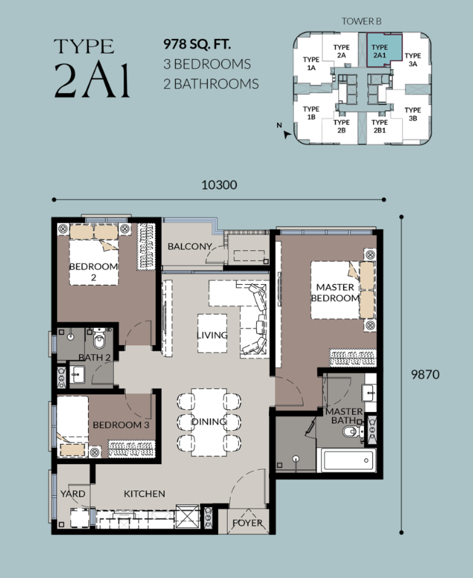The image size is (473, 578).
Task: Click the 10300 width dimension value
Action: pos(219,185)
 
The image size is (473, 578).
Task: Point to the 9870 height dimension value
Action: pos(425,374)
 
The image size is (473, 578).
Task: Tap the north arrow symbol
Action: pos(286,135)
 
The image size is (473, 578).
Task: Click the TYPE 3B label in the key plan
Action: pos(413,114)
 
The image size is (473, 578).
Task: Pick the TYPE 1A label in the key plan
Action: pos(310,63)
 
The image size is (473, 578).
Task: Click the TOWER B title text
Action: pos(361,22)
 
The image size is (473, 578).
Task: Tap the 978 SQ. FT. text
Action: pos(197,44)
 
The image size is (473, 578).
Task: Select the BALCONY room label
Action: pos(190,246)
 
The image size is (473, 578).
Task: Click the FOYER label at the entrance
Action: pos(247,522)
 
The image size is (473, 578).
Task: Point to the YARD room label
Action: pos(73,493)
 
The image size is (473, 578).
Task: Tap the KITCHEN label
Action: pos(144,493)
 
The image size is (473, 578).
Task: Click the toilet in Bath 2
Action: pos(99,339)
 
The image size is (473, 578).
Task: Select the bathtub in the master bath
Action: pos(349,460)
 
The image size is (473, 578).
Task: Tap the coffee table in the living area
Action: pos(212,333)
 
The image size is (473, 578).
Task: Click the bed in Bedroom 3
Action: pos(73,427)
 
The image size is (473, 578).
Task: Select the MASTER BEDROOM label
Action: pos(335,292)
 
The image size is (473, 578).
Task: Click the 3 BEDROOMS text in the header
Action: pos(207,64)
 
